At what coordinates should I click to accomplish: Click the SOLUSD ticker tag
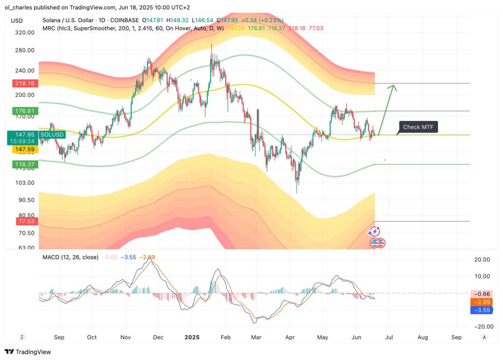click(52, 134)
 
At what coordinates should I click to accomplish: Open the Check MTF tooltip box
click(418, 127)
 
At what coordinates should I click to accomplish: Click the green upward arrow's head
click(393, 88)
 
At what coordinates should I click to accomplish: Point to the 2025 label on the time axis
click(192, 337)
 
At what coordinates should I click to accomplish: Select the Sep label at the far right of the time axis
click(456, 337)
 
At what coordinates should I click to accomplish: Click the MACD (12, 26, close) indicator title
click(70, 257)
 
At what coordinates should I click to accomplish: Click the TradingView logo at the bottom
click(28, 352)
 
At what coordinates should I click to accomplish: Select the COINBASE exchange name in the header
click(123, 21)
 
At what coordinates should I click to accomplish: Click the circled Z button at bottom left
click(22, 337)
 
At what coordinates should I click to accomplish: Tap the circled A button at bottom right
click(484, 337)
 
